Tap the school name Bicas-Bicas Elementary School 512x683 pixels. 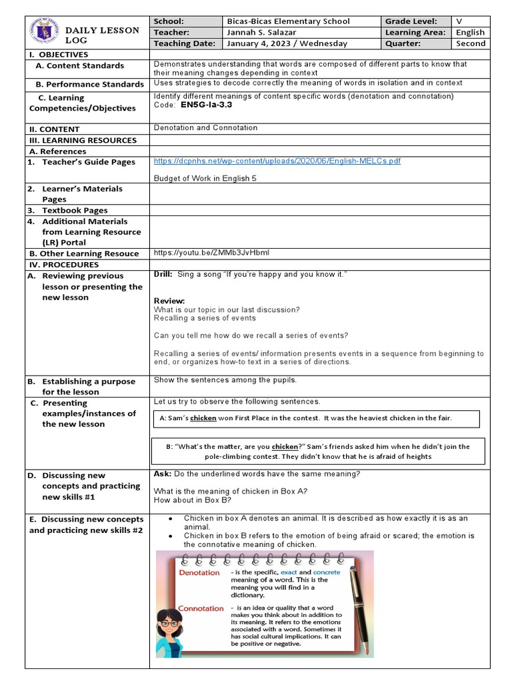[288, 21]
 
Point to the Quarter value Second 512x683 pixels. [471, 43]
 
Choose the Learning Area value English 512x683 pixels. [470, 32]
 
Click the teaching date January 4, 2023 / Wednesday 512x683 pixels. [287, 43]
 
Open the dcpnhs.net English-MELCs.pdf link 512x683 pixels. [277, 161]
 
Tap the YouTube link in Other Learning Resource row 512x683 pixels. [211, 253]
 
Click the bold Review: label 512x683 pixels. [169, 301]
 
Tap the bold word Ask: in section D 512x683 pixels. [162, 474]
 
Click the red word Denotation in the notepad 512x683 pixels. [199, 572]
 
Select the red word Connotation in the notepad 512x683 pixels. [201, 608]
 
